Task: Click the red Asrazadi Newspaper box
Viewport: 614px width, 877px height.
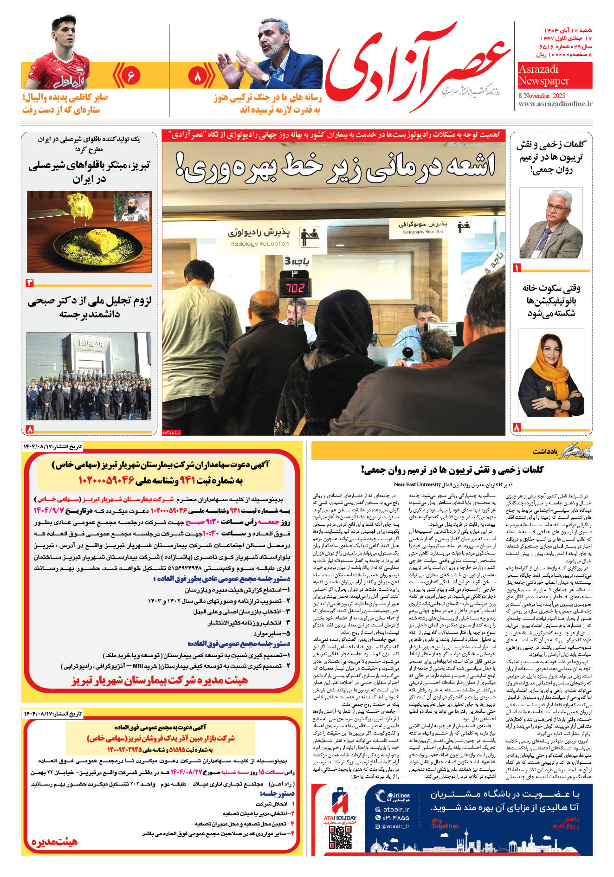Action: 555,75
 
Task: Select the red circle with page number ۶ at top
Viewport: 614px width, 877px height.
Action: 130,75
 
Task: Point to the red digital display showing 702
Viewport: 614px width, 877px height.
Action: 294,288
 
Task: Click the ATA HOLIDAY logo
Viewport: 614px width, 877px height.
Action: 340,808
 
